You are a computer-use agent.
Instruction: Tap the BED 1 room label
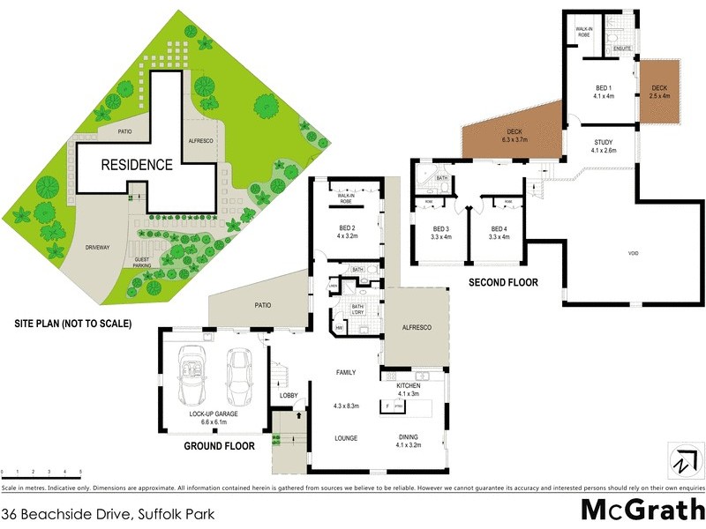click(x=604, y=87)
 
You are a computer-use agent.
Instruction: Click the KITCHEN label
click(x=408, y=386)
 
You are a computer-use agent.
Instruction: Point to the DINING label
click(x=408, y=437)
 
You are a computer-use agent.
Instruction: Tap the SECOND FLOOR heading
click(x=504, y=283)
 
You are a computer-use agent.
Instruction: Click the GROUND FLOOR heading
click(x=219, y=446)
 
